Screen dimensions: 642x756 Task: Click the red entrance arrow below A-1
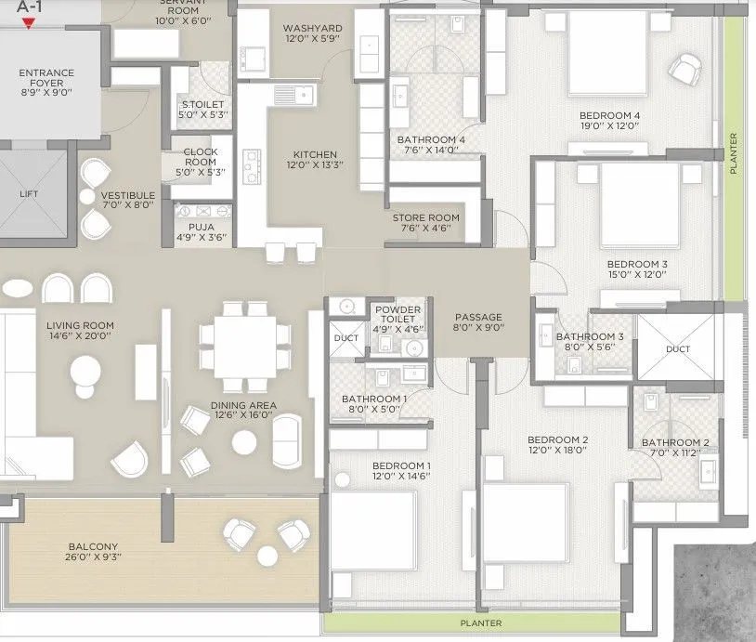click(x=30, y=23)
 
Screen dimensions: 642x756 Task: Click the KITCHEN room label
click(x=315, y=155)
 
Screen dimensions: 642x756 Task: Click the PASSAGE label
click(x=478, y=317)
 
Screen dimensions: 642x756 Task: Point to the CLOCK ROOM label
click(x=201, y=151)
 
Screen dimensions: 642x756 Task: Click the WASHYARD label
click(x=312, y=29)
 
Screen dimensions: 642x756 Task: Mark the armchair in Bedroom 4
click(x=684, y=67)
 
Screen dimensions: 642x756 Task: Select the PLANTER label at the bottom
click(x=482, y=623)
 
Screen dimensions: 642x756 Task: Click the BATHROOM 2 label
click(x=675, y=443)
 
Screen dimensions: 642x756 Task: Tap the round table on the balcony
click(x=267, y=556)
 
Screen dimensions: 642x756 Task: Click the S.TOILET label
click(x=202, y=105)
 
